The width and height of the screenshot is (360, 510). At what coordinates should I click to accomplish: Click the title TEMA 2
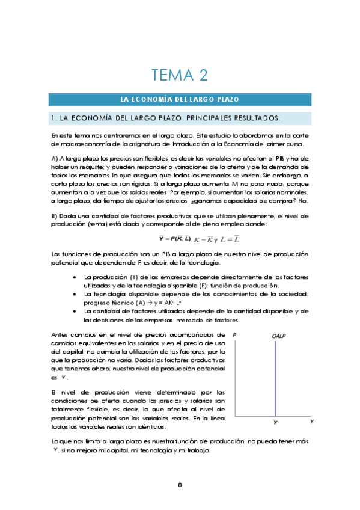[x=180, y=75]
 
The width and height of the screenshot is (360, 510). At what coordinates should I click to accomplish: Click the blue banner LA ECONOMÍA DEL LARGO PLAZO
[x=180, y=99]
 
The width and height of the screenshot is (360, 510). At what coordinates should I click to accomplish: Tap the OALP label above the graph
[x=276, y=336]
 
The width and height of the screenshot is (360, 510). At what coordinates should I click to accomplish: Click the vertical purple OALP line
[x=276, y=379]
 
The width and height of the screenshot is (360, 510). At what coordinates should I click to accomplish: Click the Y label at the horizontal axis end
[x=312, y=422]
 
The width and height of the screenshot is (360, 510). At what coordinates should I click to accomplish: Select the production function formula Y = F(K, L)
[x=178, y=240]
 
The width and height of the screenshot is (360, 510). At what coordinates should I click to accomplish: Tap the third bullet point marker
[x=73, y=311]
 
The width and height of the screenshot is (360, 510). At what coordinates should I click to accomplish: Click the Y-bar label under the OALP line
[x=276, y=423]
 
